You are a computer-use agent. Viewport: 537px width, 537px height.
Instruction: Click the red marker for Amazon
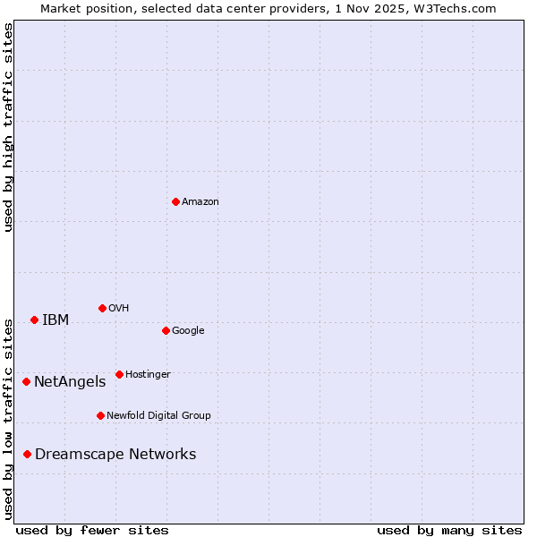[x=175, y=201]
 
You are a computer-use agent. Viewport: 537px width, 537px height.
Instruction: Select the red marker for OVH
[x=102, y=308]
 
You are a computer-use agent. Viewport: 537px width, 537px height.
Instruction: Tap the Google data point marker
[x=166, y=330]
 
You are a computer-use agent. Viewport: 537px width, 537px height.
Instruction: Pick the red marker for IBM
[x=34, y=320]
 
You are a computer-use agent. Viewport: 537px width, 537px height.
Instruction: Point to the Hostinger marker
[x=119, y=374]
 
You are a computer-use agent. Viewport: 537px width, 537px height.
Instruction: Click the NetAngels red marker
[x=26, y=381]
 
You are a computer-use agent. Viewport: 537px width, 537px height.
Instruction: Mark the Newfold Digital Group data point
[x=100, y=415]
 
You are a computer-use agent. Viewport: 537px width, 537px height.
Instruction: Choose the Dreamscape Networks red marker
[x=27, y=454]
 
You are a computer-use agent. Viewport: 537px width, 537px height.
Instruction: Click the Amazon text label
[x=200, y=202]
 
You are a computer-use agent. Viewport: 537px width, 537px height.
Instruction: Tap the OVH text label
[x=119, y=309]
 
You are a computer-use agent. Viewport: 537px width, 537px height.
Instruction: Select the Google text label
[x=188, y=331]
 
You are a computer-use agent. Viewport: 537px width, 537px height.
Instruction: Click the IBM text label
[x=55, y=320]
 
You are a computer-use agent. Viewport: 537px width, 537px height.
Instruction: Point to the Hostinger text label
[x=148, y=375]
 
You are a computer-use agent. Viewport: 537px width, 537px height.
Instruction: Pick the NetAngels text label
[x=70, y=382]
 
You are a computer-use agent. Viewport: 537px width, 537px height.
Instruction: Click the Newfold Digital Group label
[x=158, y=416]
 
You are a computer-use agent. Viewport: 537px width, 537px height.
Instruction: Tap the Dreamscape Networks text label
[x=115, y=455]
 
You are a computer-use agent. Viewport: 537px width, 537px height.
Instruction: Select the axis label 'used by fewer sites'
[x=92, y=530]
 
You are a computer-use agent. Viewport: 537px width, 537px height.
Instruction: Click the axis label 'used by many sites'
[x=449, y=530]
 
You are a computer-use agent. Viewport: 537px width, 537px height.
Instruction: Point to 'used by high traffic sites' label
[x=8, y=127]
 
